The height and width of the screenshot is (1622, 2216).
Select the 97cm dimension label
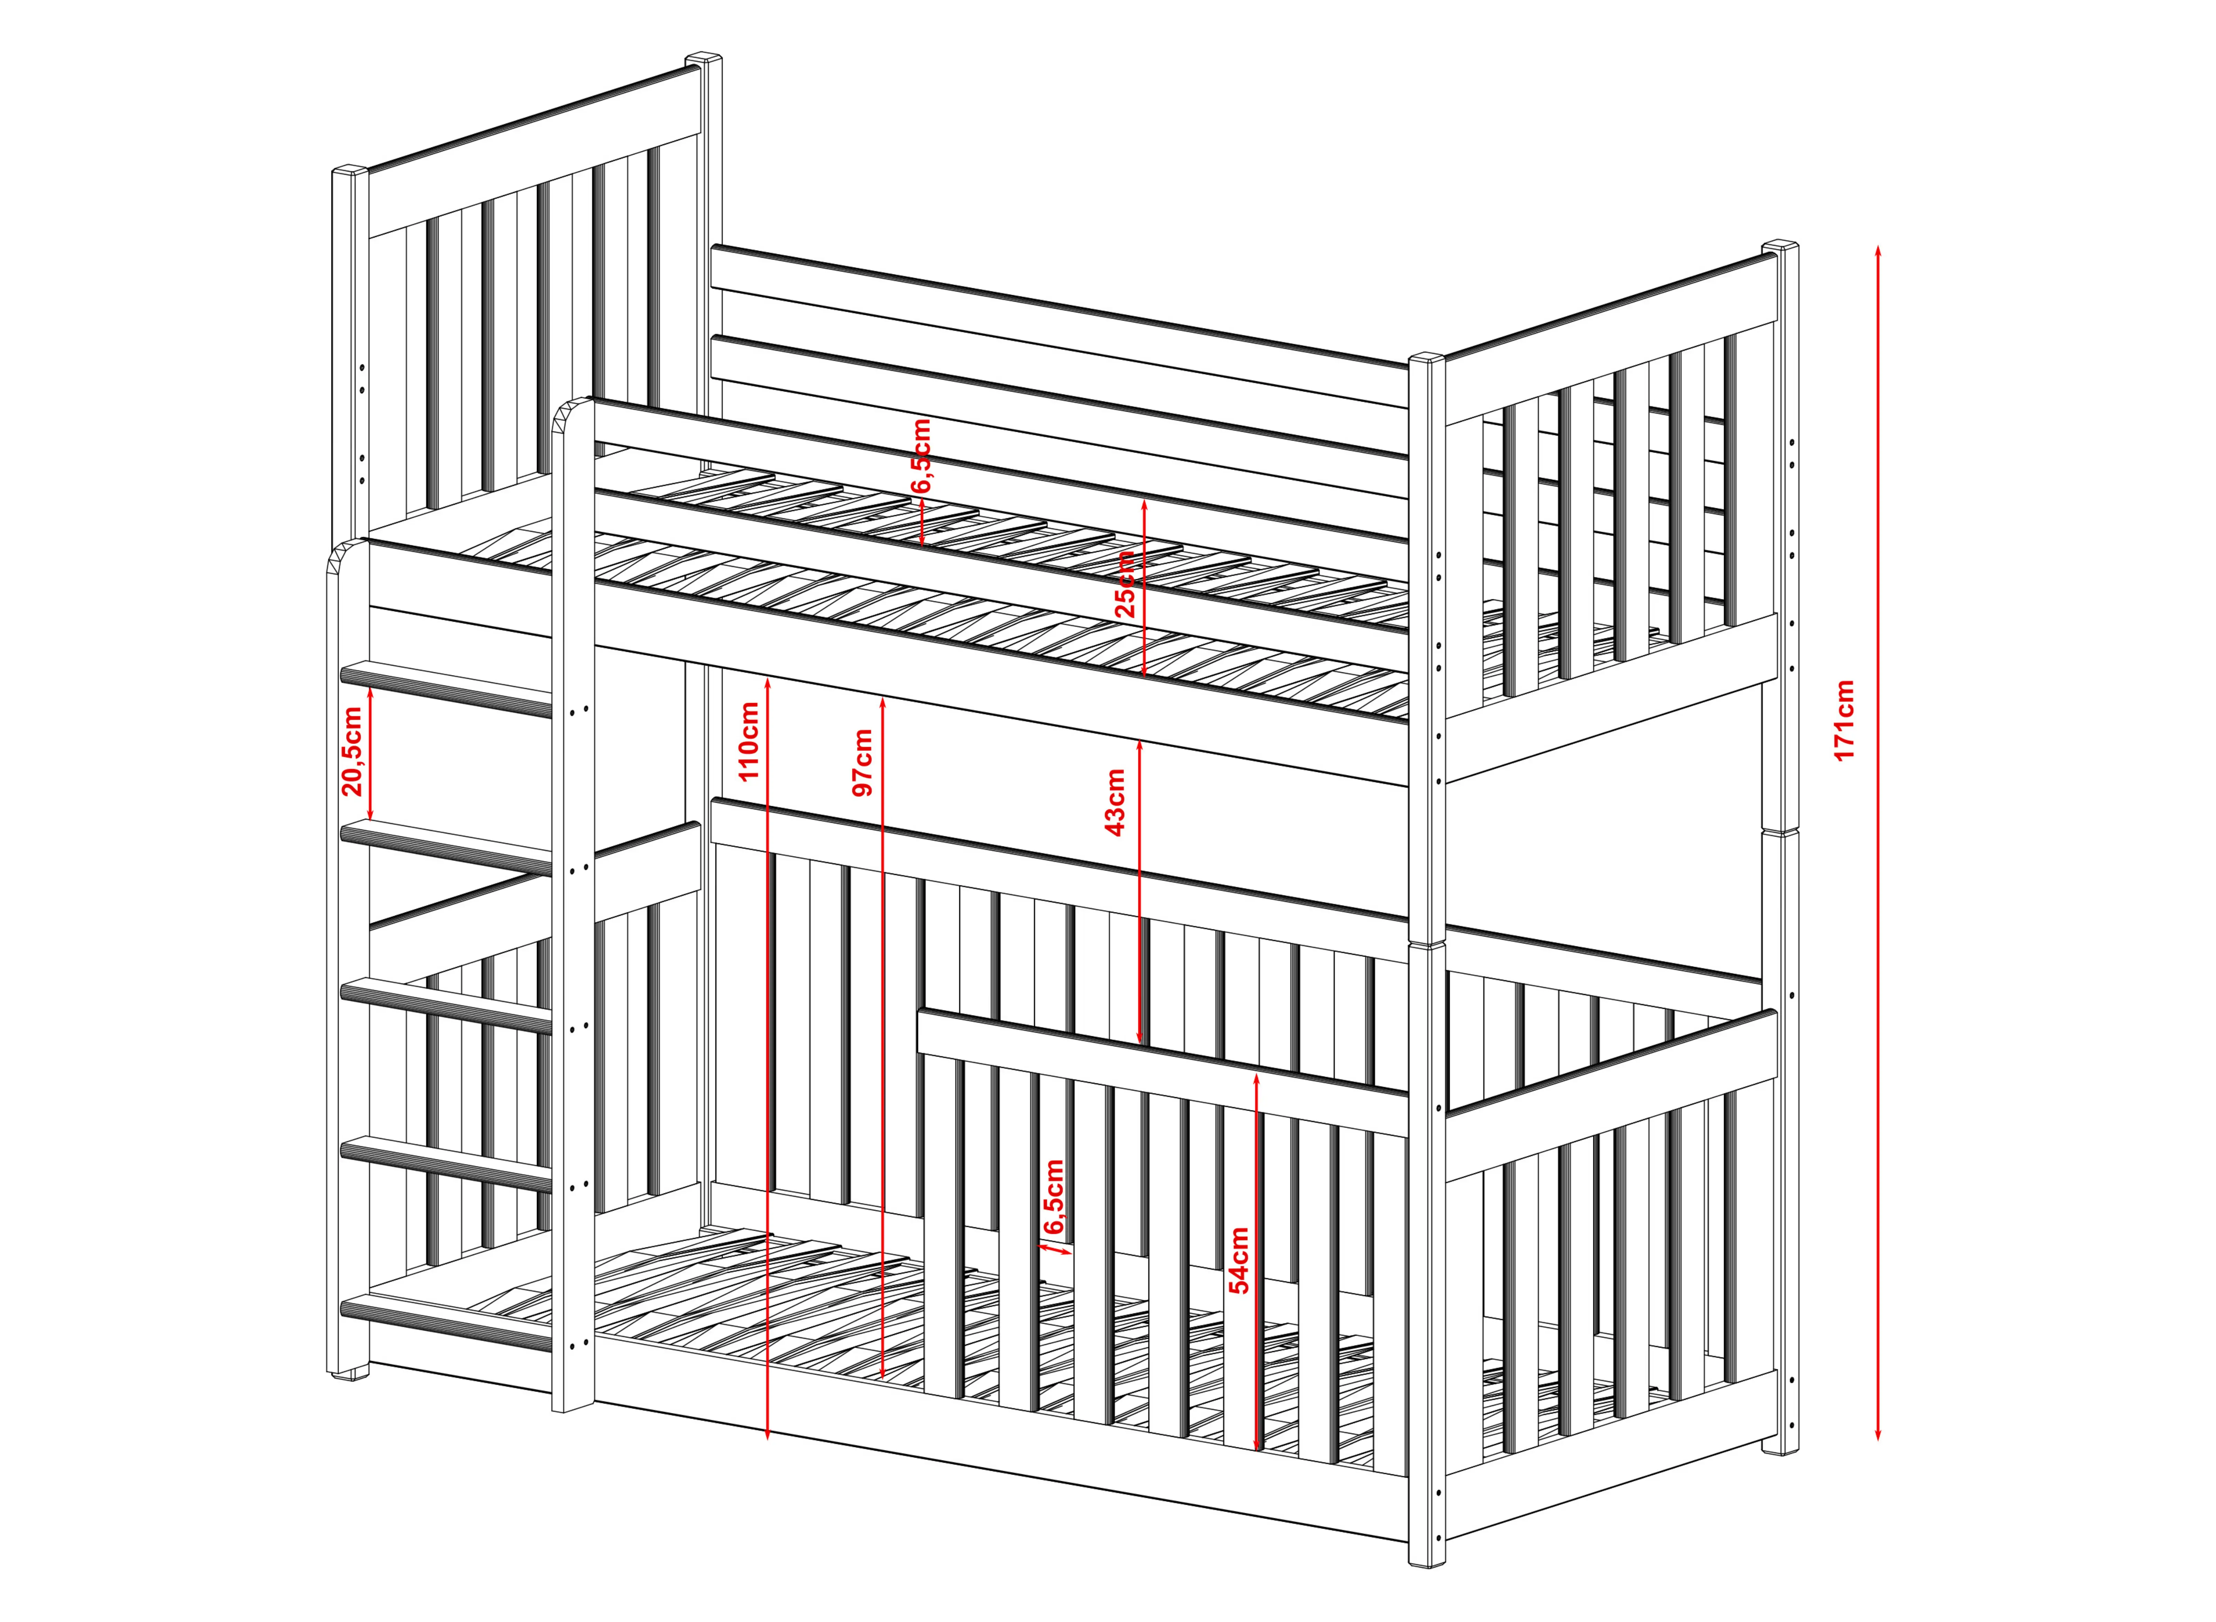(863, 762)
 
